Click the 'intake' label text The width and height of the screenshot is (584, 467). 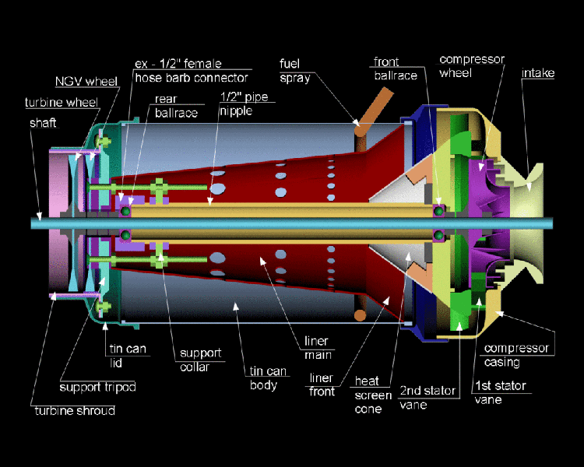pyautogui.click(x=537, y=73)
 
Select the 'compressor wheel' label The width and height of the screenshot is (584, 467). pyautogui.click(x=472, y=67)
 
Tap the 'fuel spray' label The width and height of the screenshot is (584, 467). pyautogui.click(x=295, y=70)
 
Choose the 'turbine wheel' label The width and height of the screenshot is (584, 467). pyautogui.click(x=60, y=102)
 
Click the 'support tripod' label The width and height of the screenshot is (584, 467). pyautogui.click(x=97, y=387)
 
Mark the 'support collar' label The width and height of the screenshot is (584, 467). pyautogui.click(x=200, y=360)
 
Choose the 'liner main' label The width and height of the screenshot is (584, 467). pyautogui.click(x=318, y=348)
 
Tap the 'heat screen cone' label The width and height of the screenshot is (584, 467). pyautogui.click(x=368, y=394)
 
